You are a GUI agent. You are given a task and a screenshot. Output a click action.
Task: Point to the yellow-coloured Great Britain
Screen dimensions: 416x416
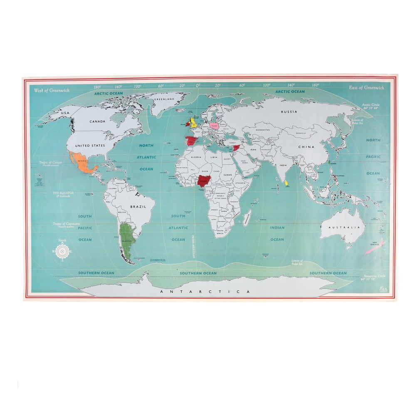tap(193, 122)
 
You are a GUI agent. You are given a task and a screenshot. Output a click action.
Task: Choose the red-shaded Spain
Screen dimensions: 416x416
tap(191, 141)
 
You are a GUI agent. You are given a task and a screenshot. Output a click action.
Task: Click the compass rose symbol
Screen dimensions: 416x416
tap(62, 251)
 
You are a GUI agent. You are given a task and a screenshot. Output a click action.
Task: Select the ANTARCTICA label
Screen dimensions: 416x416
tap(206, 292)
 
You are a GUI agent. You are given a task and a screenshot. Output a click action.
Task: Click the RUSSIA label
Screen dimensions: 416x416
tap(290, 111)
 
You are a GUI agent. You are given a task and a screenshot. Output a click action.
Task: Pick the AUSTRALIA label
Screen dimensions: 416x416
tap(342, 228)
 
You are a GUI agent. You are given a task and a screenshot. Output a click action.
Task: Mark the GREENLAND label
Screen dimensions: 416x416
tap(163, 100)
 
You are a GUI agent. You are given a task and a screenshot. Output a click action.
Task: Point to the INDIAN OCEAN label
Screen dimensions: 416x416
tap(277, 233)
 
